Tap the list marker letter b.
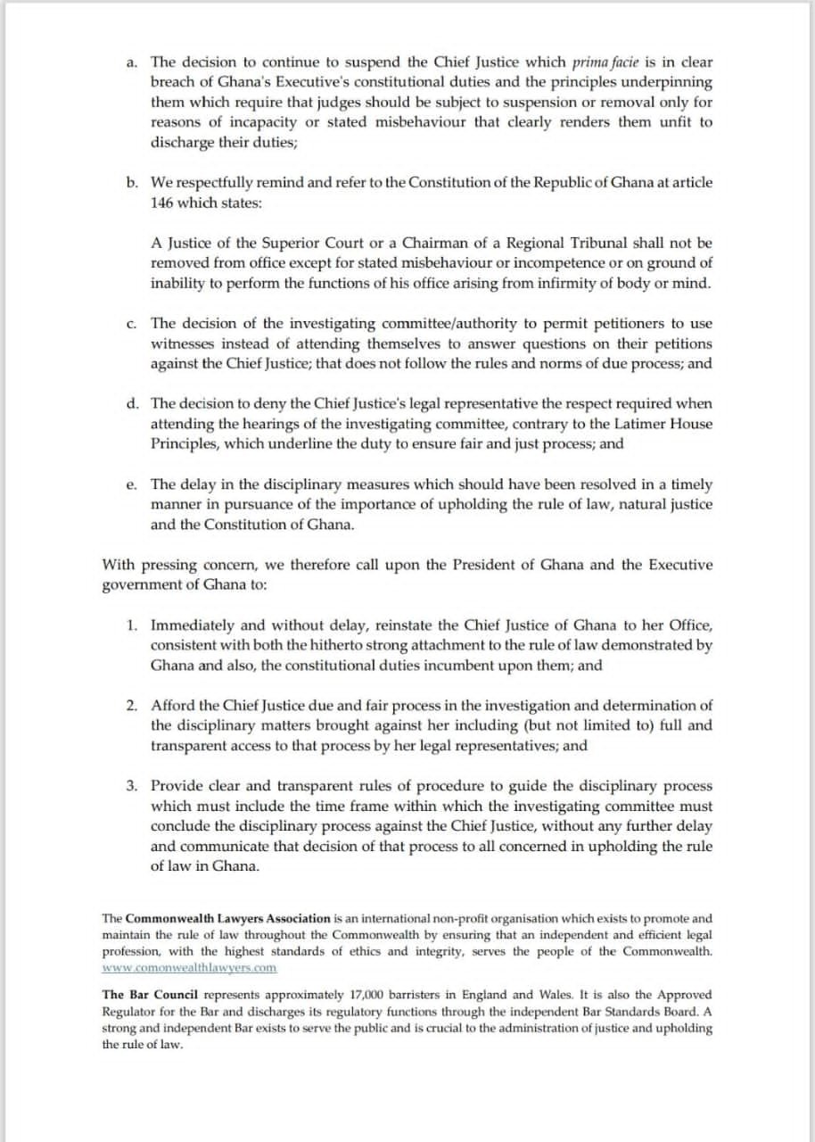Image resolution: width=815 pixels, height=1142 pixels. [x=131, y=183]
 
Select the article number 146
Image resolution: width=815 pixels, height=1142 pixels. [x=162, y=203]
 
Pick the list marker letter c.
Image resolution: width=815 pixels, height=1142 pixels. [x=131, y=323]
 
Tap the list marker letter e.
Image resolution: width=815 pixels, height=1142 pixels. [x=131, y=484]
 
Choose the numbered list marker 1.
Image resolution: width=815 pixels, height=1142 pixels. [x=131, y=625]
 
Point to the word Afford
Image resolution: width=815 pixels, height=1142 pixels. [x=173, y=706]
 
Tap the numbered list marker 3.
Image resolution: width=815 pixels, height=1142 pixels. [x=131, y=786]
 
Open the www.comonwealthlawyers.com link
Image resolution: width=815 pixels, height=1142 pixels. [x=189, y=967]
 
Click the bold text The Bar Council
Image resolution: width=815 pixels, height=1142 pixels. [x=151, y=995]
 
